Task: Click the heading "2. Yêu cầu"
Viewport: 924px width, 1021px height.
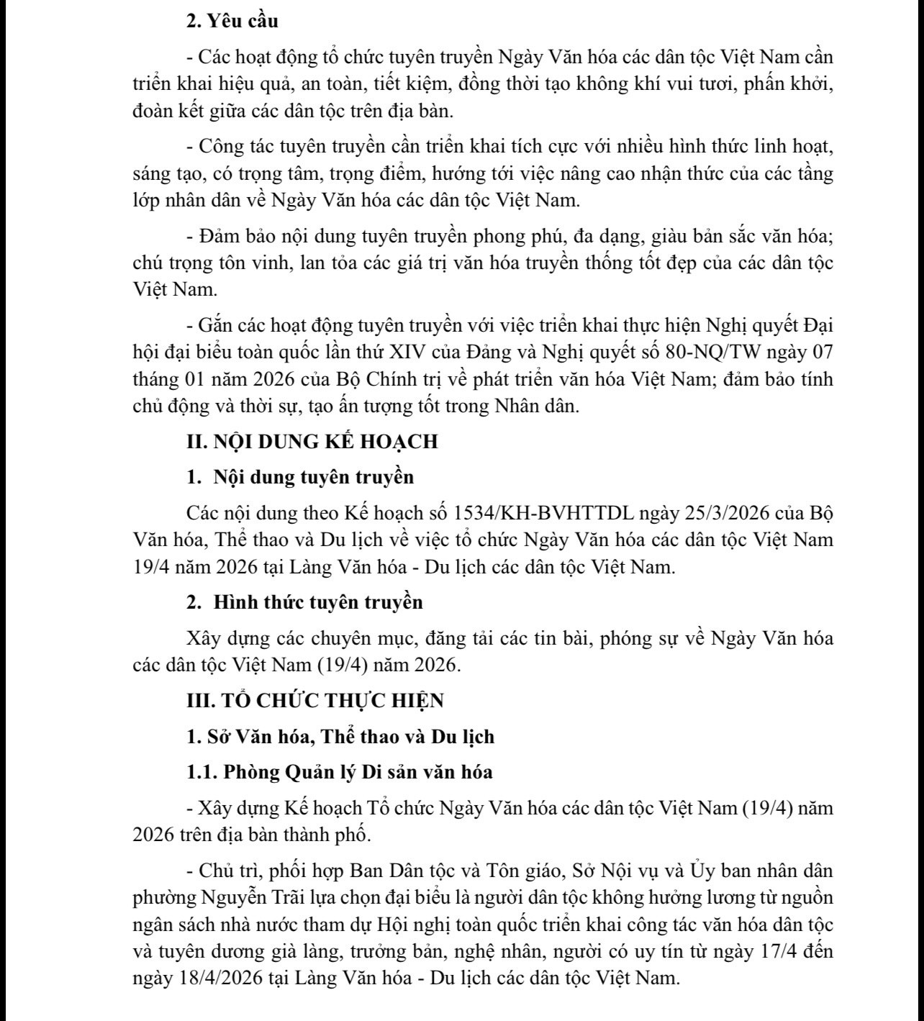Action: pyautogui.click(x=232, y=21)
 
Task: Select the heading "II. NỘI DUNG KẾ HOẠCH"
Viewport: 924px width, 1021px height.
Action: pyautogui.click(x=312, y=441)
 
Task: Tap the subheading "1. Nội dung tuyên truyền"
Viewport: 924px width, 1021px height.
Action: pyautogui.click(x=300, y=477)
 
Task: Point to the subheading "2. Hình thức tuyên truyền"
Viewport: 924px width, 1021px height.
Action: pyautogui.click(x=304, y=602)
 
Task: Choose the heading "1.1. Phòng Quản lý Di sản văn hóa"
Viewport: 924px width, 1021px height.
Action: pyautogui.click(x=339, y=772)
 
